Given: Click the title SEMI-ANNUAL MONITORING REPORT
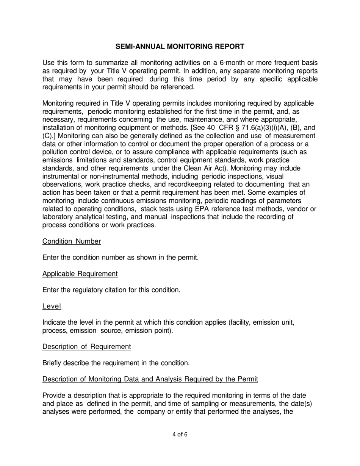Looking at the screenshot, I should tap(180, 47).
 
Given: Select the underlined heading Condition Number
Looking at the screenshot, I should tap(72, 241).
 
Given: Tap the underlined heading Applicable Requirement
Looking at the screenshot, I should tap(80, 274).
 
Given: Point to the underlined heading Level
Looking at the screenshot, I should tap(52, 306).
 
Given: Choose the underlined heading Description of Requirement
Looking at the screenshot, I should tap(87, 347).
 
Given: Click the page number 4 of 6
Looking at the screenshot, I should tap(180, 435).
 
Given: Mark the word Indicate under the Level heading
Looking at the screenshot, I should tap(55, 322).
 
